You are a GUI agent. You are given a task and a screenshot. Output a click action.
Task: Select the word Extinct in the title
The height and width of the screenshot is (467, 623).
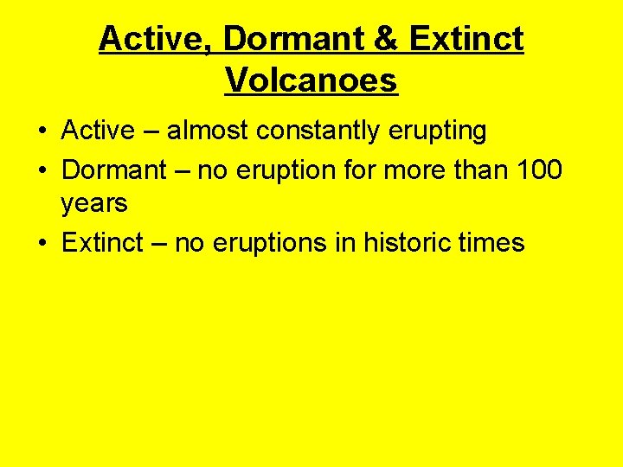point(466,39)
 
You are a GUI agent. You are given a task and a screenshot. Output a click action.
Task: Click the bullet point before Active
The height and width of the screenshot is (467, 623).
point(42,132)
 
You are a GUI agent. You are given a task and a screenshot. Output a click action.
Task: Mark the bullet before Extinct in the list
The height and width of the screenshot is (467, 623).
point(42,243)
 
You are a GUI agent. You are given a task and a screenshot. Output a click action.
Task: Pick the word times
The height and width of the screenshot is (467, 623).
point(489,242)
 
